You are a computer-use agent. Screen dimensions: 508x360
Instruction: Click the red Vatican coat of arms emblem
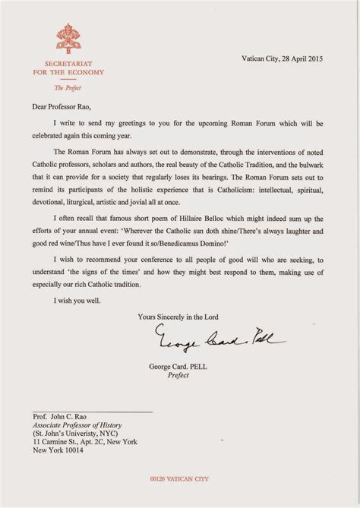pos(65,36)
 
